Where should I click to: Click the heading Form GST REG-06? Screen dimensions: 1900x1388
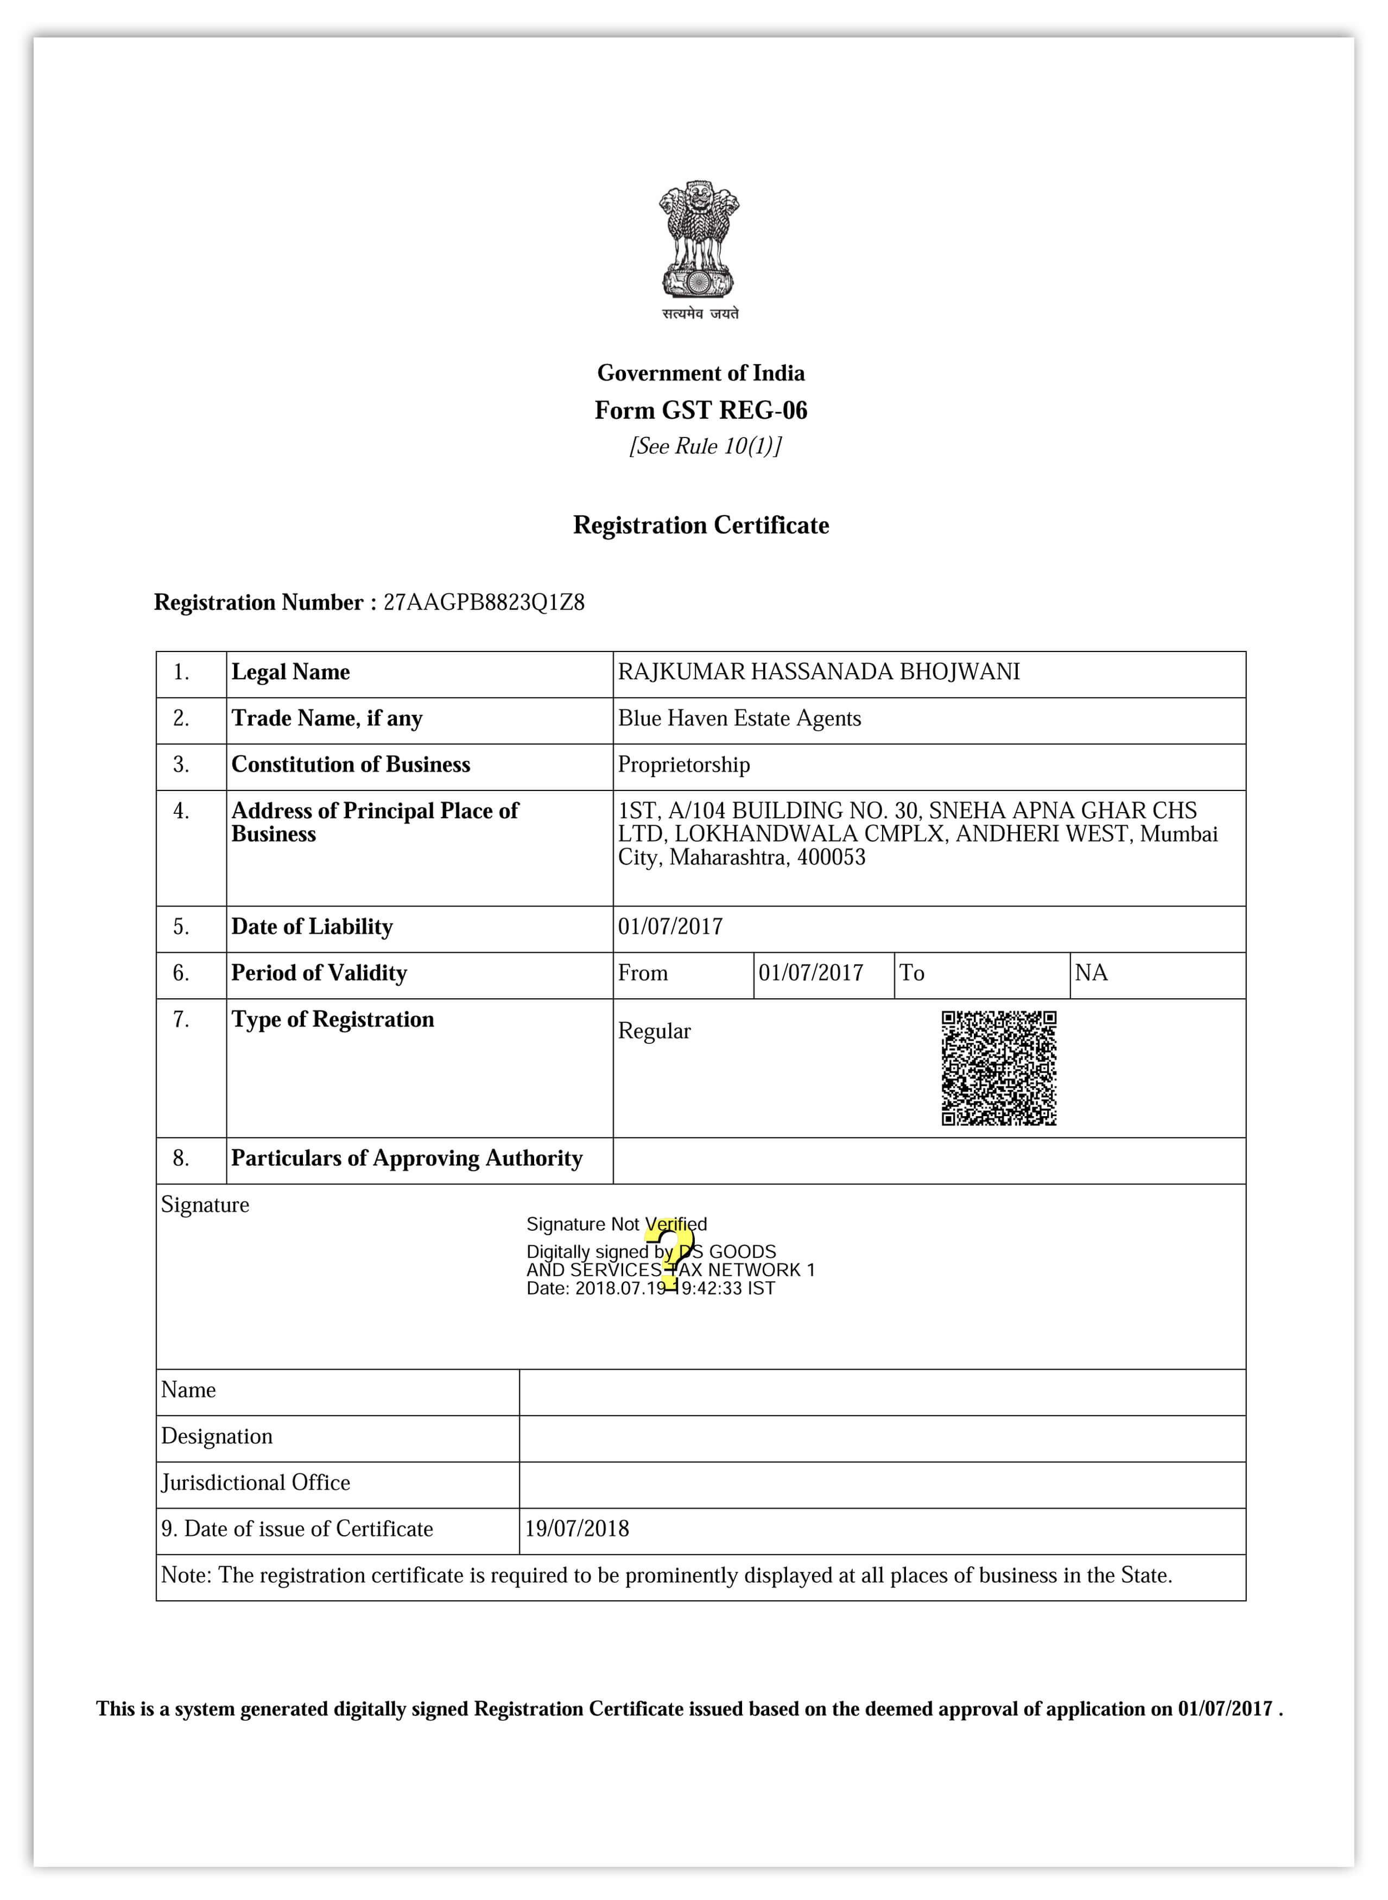701,410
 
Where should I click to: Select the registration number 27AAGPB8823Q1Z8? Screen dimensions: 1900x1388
484,603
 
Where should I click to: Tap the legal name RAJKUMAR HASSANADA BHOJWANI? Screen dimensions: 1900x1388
819,672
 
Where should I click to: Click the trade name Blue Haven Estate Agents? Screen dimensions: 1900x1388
739,719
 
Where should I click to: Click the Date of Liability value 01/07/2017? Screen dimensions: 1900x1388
670,927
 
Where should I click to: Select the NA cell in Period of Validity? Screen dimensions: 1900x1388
1092,973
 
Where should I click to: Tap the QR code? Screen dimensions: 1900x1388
999,1068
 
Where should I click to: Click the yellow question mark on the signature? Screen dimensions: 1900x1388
670,1254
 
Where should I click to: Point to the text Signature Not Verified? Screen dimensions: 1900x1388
617,1224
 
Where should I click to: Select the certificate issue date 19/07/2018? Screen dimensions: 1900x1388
577,1529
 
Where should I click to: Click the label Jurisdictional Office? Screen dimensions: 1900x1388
256,1483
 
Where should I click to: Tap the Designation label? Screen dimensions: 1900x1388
217,1436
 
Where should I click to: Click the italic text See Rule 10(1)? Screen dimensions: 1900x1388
706,446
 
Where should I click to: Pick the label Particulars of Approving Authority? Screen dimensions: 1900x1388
407,1159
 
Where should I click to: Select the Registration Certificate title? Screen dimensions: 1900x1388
701,525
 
